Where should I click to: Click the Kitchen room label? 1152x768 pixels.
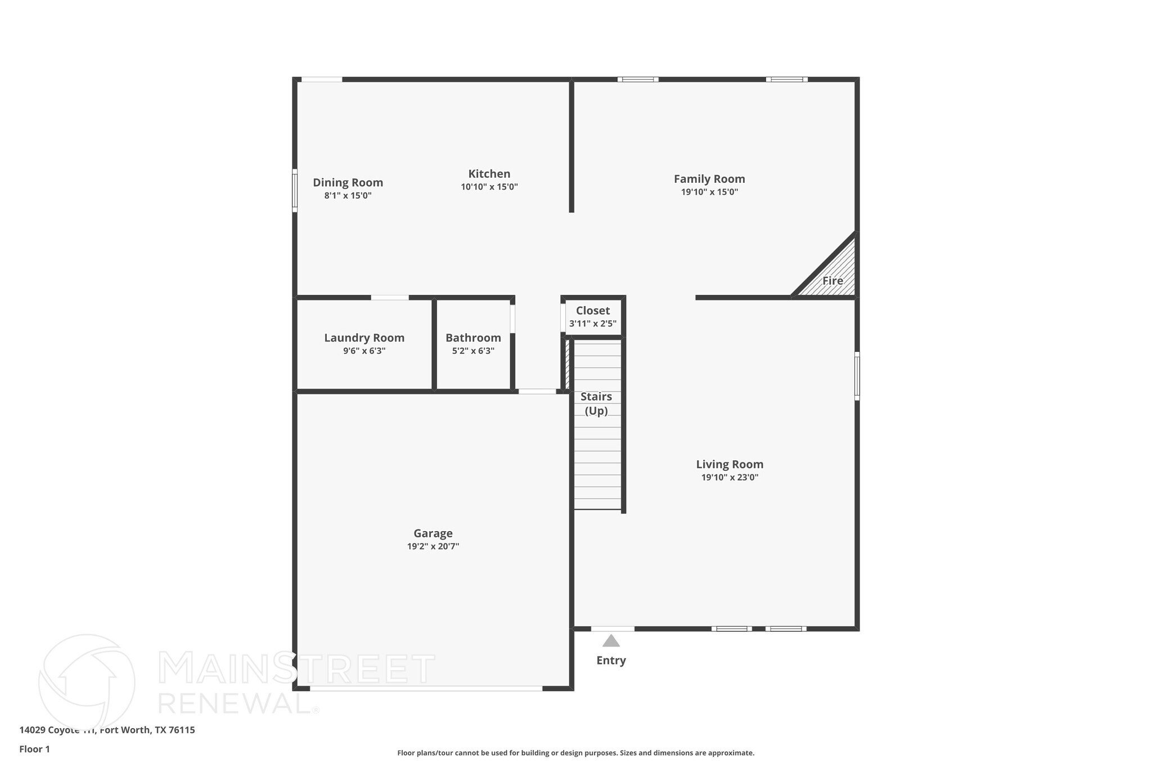pyautogui.click(x=489, y=174)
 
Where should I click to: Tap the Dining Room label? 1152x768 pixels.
pyautogui.click(x=348, y=182)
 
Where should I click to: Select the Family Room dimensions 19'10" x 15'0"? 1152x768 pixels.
pyautogui.click(x=709, y=192)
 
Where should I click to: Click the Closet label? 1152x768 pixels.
pyautogui.click(x=592, y=311)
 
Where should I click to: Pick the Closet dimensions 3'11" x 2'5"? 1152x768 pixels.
pyautogui.click(x=592, y=324)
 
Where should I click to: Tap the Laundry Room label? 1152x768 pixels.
pyautogui.click(x=364, y=338)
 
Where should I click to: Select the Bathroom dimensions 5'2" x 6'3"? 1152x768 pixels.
pyautogui.click(x=473, y=351)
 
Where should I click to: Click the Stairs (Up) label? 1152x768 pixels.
pyautogui.click(x=596, y=403)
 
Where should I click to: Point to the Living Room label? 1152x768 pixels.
pyautogui.click(x=730, y=464)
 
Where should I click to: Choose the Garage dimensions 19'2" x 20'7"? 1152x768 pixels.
pyautogui.click(x=433, y=546)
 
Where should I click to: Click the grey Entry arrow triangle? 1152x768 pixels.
pyautogui.click(x=611, y=641)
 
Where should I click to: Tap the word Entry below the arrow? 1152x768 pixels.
pyautogui.click(x=611, y=661)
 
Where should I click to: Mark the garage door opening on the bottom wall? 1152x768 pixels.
pyautogui.click(x=426, y=688)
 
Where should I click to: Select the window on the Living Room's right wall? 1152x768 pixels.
pyautogui.click(x=857, y=376)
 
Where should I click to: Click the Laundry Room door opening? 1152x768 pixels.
pyautogui.click(x=390, y=298)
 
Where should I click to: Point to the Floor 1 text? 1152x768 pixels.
pyautogui.click(x=34, y=749)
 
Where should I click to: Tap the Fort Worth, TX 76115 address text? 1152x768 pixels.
pyautogui.click(x=147, y=730)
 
